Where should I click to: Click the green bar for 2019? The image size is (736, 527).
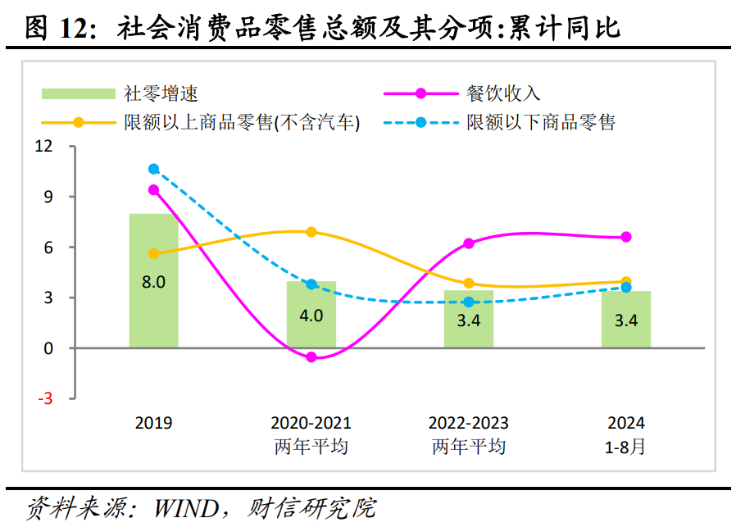coord(153,311)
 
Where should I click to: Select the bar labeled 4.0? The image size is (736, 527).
coord(311,328)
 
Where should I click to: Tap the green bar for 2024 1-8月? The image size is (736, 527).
coord(625,328)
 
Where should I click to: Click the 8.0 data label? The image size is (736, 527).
coord(153,282)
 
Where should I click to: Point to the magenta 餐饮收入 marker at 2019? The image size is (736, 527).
coord(153,190)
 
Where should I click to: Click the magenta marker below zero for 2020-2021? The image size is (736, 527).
coord(311,357)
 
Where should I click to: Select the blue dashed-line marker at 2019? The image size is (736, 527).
coord(153,169)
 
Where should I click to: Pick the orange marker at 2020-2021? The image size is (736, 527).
coord(311,232)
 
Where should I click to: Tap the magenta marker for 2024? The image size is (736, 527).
coord(625,237)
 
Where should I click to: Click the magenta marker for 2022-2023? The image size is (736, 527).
coord(468,243)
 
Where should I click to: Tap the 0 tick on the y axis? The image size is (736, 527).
coord(48,348)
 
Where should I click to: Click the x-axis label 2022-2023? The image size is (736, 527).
coord(468,424)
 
